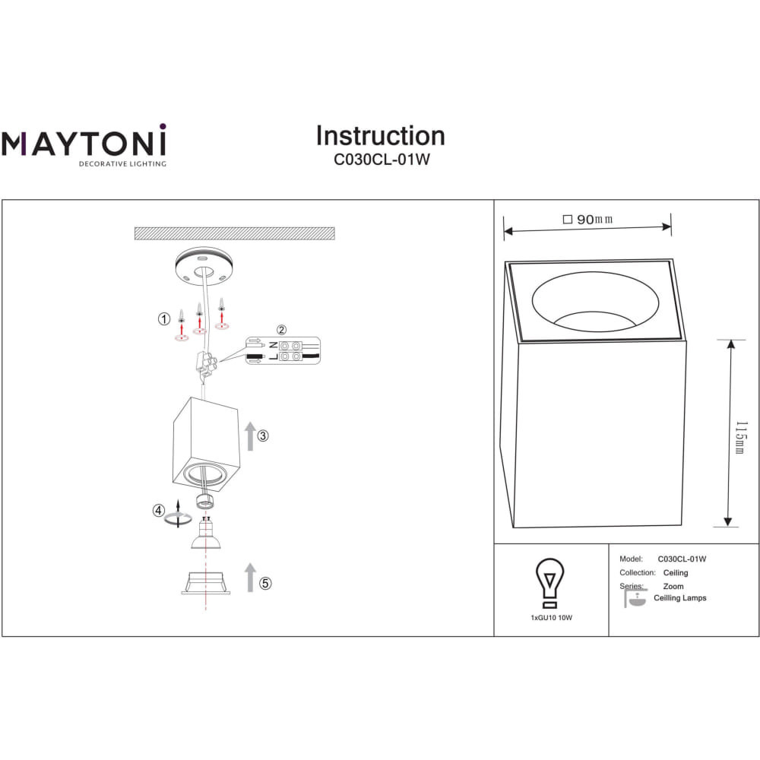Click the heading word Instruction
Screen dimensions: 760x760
pyautogui.click(x=381, y=136)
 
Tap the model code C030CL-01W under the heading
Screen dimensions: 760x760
pyautogui.click(x=382, y=160)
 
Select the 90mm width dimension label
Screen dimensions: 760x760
pyautogui.click(x=588, y=220)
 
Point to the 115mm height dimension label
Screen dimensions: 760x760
pyautogui.click(x=741, y=438)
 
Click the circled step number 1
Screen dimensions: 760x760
pyautogui.click(x=164, y=319)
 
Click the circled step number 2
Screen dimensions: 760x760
pyautogui.click(x=282, y=330)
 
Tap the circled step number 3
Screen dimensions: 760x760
pyautogui.click(x=263, y=435)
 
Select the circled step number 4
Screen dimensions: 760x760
pyautogui.click(x=159, y=511)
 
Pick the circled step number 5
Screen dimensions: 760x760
pyautogui.click(x=265, y=583)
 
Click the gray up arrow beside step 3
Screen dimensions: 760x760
pyautogui.click(x=250, y=436)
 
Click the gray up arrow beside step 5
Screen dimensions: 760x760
pyautogui.click(x=250, y=578)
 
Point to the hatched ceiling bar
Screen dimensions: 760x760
pyautogui.click(x=235, y=233)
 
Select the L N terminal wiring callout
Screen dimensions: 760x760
pyautogui.click(x=283, y=351)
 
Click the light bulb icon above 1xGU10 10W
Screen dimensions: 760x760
pyautogui.click(x=549, y=583)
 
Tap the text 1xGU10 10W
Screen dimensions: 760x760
pyautogui.click(x=552, y=617)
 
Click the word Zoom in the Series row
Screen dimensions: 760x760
pyautogui.click(x=673, y=586)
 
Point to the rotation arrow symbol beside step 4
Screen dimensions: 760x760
pyautogui.click(x=178, y=516)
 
